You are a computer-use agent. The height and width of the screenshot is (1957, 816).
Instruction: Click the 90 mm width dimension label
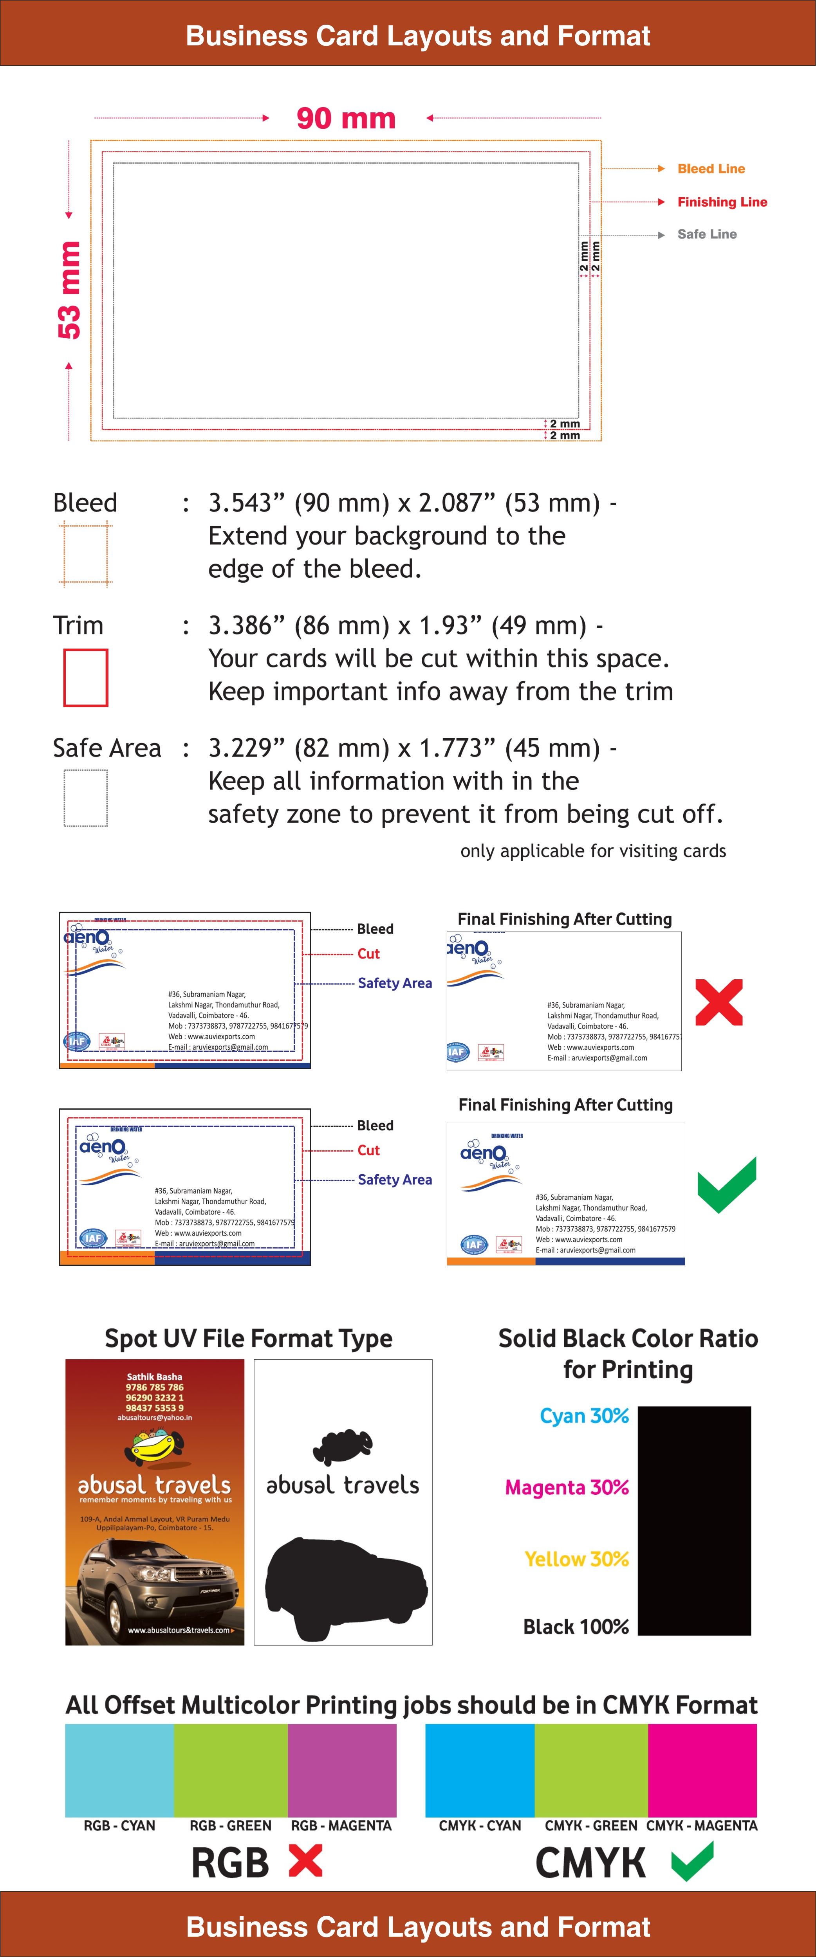point(346,119)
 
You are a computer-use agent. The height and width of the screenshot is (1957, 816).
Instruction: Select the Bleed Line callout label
point(711,169)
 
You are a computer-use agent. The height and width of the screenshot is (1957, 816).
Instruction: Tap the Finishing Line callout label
point(722,202)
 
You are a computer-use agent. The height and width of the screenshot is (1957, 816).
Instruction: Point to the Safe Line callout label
point(707,234)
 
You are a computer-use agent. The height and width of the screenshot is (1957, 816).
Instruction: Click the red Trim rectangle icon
point(85,677)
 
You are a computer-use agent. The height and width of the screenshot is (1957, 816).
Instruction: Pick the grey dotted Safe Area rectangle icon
point(85,798)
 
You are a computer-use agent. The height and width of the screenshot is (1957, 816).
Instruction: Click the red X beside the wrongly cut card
point(719,1002)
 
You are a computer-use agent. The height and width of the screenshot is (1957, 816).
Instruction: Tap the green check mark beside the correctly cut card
point(727,1185)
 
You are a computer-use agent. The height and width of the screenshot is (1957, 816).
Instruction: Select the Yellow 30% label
point(577,1559)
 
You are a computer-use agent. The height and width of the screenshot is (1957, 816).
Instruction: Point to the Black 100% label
point(576,1627)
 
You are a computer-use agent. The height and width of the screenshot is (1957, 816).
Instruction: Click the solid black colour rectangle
point(694,1520)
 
